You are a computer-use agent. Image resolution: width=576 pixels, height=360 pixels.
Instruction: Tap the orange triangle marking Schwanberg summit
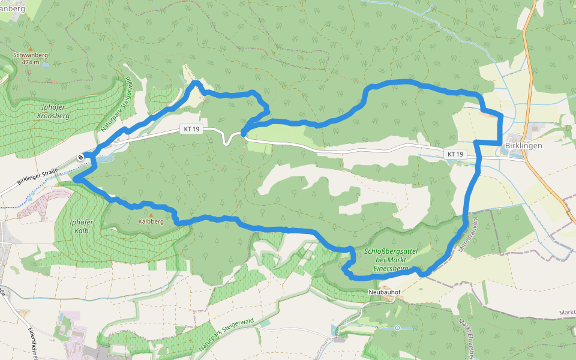(x=30, y=49)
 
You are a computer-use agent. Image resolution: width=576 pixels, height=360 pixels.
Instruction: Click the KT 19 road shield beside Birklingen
(x=455, y=155)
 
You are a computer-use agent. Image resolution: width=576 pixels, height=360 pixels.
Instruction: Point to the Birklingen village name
(x=523, y=146)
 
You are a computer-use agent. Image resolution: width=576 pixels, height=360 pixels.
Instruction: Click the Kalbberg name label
(x=151, y=221)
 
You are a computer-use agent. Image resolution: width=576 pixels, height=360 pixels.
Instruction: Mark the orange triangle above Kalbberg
(x=151, y=214)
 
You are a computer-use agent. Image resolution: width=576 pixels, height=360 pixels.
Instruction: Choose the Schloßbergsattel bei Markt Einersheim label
(x=386, y=259)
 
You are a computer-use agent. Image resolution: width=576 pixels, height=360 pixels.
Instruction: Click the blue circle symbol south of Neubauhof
(x=397, y=328)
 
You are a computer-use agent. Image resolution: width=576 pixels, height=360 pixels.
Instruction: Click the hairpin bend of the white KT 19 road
(x=227, y=142)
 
